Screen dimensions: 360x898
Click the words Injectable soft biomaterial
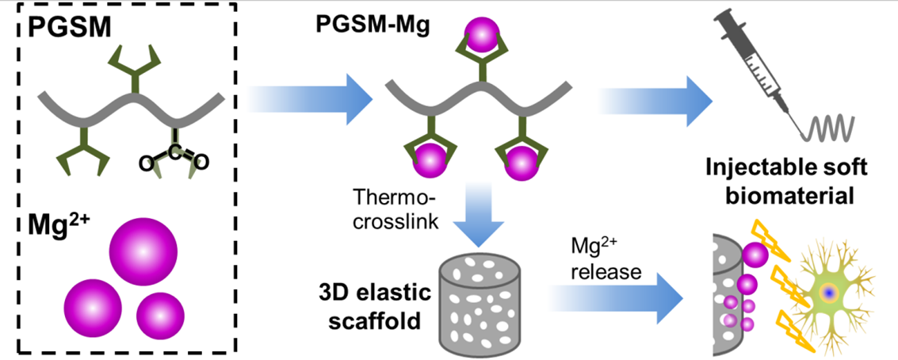tap(800, 181)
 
